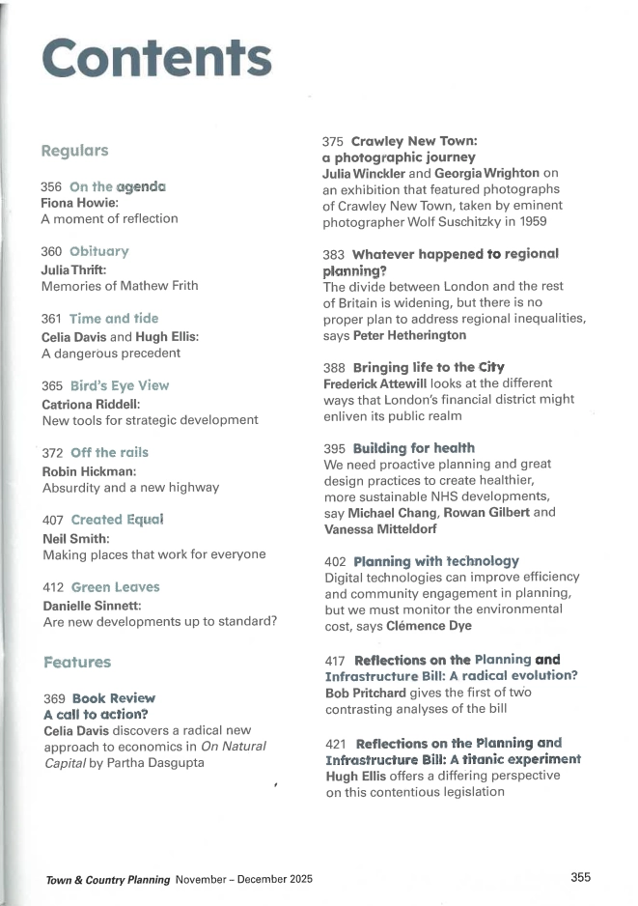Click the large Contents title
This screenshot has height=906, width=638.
coord(157,59)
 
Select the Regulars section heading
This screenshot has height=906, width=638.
coord(74,152)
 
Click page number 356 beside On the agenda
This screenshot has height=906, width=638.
coord(52,186)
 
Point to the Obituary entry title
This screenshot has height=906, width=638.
coord(98,251)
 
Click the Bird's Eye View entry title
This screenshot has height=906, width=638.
coord(119,385)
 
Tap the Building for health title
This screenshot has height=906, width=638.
coord(413,448)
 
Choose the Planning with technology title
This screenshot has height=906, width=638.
coord(436,560)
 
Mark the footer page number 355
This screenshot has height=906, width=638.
coord(580,877)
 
